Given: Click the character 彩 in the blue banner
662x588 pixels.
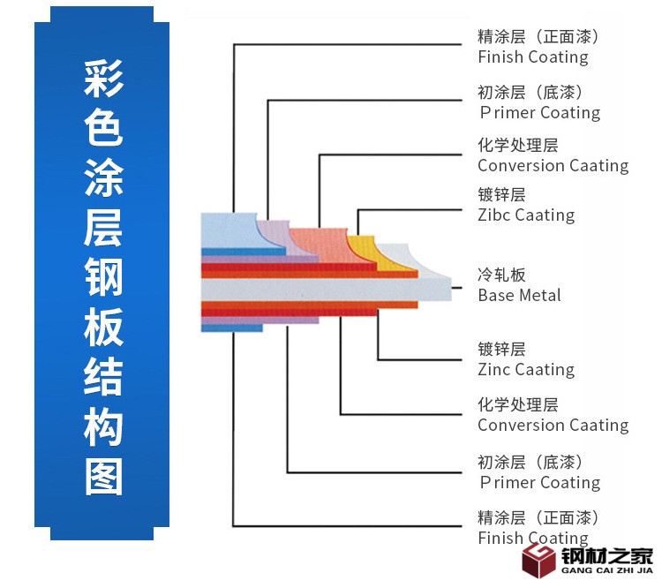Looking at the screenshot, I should click(x=103, y=80).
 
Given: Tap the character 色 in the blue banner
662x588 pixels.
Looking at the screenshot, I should click(x=103, y=129).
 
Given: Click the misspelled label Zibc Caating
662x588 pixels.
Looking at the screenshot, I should click(x=525, y=215).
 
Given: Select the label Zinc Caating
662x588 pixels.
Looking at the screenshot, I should click(x=525, y=369).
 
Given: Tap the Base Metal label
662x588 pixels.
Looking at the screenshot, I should click(x=519, y=295).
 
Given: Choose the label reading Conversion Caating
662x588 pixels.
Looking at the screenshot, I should click(x=553, y=165).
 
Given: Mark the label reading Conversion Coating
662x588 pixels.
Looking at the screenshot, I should click(x=553, y=425).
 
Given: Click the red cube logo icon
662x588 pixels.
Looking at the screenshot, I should click(x=537, y=559).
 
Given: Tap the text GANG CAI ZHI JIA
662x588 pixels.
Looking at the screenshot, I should click(x=608, y=570).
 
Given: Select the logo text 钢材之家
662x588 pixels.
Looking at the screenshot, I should click(x=608, y=555).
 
